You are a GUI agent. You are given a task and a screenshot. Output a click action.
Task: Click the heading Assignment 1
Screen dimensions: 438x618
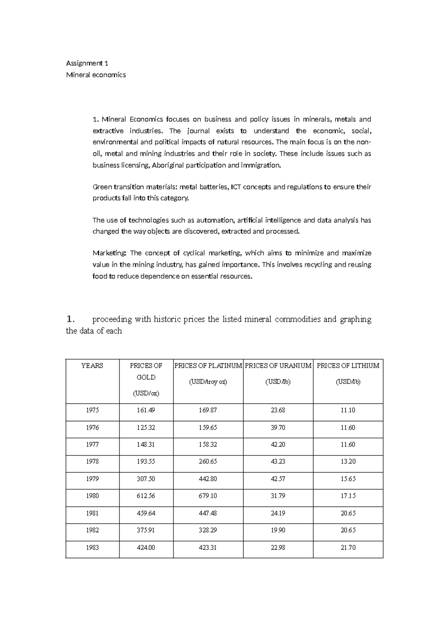click(87, 63)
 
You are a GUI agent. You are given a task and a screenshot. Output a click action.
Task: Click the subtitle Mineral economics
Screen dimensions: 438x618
click(96, 75)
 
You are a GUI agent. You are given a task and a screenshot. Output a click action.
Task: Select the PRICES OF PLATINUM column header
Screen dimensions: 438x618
click(208, 365)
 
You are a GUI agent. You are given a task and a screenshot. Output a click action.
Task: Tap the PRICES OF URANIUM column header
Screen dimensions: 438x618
click(278, 365)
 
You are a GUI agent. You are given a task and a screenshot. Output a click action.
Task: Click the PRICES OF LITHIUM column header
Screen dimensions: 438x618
click(348, 365)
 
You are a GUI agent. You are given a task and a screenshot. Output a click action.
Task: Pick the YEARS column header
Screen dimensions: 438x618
click(92, 365)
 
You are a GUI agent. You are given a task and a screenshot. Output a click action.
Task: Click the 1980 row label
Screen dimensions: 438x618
click(92, 496)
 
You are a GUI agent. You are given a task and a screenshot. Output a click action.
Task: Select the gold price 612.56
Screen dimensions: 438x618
click(146, 496)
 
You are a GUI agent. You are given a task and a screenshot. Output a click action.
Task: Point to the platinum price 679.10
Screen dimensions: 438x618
click(208, 496)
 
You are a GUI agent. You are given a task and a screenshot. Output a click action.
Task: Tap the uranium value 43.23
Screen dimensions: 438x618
click(278, 461)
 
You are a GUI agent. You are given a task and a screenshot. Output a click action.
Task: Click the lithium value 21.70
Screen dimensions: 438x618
click(348, 548)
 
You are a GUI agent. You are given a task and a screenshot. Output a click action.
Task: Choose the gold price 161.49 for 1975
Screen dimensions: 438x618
click(146, 410)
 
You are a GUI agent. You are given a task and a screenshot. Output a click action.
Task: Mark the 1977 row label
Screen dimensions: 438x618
click(92, 445)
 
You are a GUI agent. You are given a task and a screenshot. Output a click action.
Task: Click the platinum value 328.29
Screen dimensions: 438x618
click(208, 530)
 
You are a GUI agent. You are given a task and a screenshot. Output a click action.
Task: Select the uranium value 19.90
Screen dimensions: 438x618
click(278, 530)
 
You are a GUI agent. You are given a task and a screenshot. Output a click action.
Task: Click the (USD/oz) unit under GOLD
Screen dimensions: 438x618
click(146, 394)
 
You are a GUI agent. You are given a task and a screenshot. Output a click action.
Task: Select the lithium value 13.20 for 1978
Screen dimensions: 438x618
click(348, 461)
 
